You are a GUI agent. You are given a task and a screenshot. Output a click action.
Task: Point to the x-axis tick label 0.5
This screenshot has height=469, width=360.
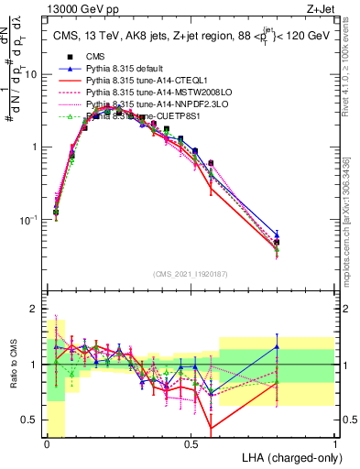(x=191, y=443)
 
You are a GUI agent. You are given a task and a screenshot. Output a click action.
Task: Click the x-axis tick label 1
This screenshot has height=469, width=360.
(x=334, y=443)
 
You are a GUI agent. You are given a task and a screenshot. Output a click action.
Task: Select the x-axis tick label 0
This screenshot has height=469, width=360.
(x=47, y=443)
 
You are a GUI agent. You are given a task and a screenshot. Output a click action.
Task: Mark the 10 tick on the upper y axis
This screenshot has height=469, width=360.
(x=33, y=74)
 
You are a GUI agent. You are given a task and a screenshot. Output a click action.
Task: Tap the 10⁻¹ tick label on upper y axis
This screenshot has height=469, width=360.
(x=30, y=220)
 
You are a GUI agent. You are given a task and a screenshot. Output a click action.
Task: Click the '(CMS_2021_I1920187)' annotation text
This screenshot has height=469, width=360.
(x=191, y=273)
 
